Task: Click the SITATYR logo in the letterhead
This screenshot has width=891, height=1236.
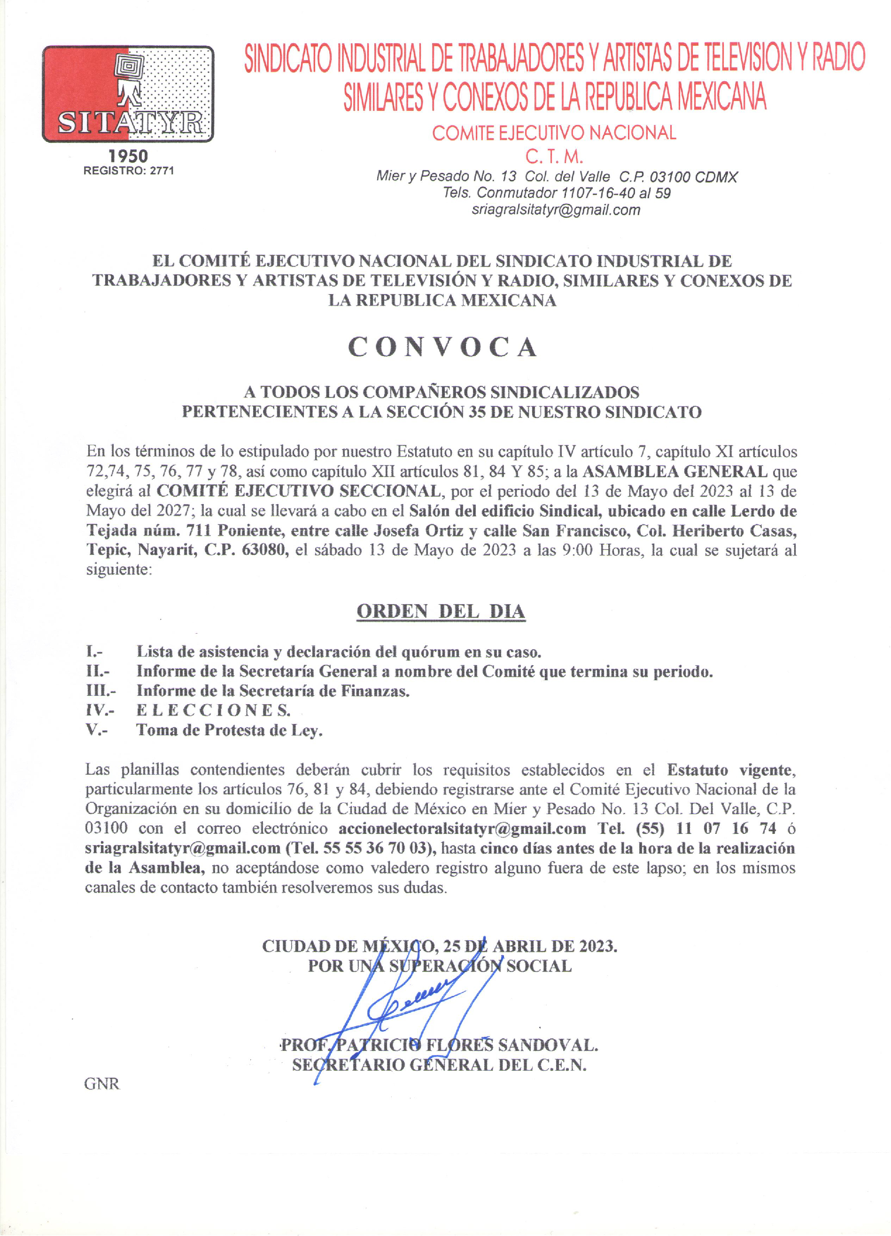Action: point(128,94)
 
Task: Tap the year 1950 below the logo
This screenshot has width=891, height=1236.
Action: point(128,156)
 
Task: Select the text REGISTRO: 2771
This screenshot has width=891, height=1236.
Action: point(129,171)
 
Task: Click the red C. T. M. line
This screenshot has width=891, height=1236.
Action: point(554,157)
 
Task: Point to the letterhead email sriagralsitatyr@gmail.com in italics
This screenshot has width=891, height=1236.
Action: point(556,210)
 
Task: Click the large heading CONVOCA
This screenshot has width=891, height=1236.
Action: point(442,347)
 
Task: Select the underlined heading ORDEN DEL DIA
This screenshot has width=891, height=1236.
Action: point(441,612)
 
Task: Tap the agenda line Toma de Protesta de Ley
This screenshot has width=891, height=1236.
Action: point(229,730)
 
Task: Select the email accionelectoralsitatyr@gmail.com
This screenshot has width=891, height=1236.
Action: point(462,829)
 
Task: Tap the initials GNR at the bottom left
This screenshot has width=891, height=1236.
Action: point(101,1084)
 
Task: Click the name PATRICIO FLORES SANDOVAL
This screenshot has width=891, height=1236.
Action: point(466,1045)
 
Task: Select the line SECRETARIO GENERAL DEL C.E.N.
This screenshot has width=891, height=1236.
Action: point(439,1065)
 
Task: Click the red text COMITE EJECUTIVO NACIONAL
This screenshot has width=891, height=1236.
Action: point(554,133)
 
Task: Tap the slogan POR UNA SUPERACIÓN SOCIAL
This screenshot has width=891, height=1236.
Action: point(440,966)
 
